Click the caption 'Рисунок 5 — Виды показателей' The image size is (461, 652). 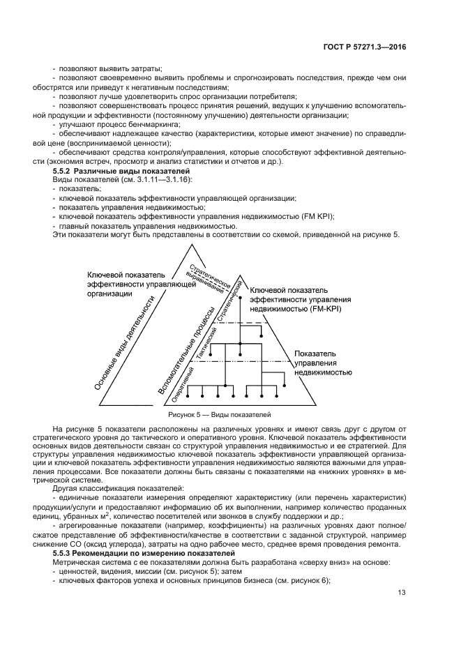(229, 414)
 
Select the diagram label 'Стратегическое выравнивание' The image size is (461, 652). (211, 278)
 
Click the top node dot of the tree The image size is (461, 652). (240, 298)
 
